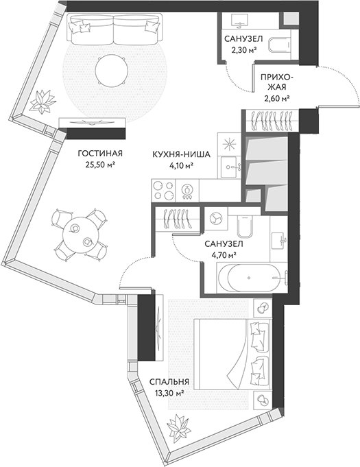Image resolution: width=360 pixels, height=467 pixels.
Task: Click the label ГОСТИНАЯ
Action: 99,154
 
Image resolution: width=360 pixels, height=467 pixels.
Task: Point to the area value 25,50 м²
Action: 99,165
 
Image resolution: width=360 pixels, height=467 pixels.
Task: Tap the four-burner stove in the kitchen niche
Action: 164,187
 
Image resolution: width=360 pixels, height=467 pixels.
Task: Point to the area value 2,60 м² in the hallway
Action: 276,99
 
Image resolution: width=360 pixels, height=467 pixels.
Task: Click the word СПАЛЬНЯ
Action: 169,382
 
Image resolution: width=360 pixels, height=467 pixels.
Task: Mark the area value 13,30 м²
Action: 169,394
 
